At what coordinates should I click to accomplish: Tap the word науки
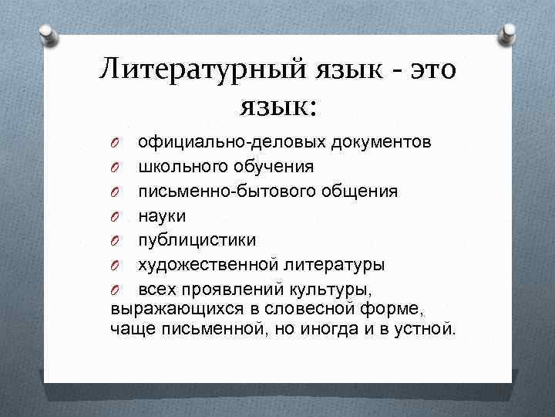(x=162, y=215)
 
